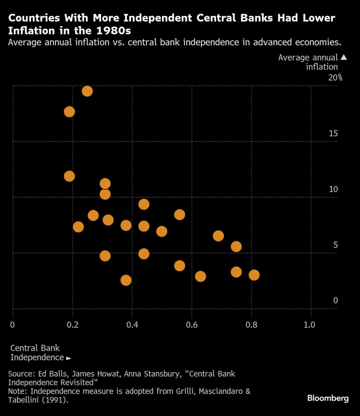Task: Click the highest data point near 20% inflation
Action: pyautogui.click(x=87, y=91)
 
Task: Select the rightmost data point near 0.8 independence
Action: pyautogui.click(x=254, y=275)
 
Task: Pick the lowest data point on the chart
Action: pyautogui.click(x=126, y=280)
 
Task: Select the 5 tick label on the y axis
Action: pyautogui.click(x=335, y=245)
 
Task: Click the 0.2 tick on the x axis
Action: pyautogui.click(x=72, y=325)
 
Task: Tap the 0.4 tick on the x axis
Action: pyautogui.click(x=132, y=325)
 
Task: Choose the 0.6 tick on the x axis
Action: pyautogui.click(x=192, y=325)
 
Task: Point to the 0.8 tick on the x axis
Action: pyautogui.click(x=251, y=325)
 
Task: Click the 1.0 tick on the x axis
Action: pyautogui.click(x=310, y=325)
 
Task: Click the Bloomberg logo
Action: pyautogui.click(x=328, y=398)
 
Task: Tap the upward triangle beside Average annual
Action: pyautogui.click(x=344, y=57)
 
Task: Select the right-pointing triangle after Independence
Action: pyautogui.click(x=69, y=358)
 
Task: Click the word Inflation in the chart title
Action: pyautogui.click(x=28, y=30)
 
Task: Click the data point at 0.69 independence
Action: pyautogui.click(x=218, y=236)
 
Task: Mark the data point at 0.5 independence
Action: pyautogui.click(x=162, y=231)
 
